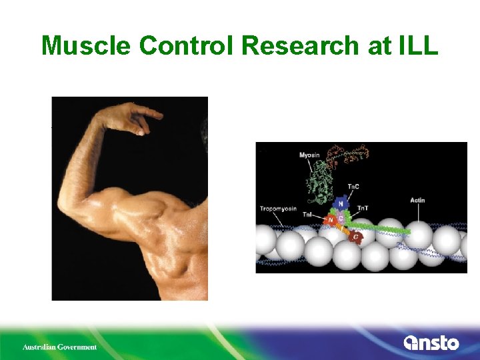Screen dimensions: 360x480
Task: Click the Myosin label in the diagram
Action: (309, 155)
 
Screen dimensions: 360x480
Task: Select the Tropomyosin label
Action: (277, 209)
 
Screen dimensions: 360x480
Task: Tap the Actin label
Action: (417, 199)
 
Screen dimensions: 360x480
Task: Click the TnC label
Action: (355, 187)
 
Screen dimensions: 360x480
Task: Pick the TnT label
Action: (363, 209)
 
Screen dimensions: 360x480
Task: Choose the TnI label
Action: (308, 214)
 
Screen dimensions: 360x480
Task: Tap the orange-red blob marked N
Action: (330, 220)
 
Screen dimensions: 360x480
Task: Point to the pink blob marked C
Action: (341, 217)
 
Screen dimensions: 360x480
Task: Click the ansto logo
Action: (431, 343)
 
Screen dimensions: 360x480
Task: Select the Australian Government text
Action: (59, 347)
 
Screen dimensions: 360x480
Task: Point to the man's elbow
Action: (70, 200)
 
